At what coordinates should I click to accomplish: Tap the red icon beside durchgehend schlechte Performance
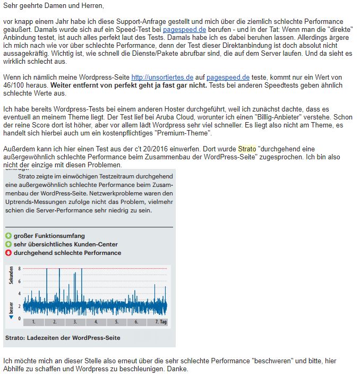coord(8,253)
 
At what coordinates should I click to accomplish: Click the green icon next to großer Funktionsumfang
coord(8,236)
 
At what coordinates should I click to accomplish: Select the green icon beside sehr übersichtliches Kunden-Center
coord(8,244)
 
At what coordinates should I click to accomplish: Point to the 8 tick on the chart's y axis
coord(19,269)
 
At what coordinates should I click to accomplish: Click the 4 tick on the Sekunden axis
coord(19,293)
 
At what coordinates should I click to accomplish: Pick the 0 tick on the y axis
coord(19,318)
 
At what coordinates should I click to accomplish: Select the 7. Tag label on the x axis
coord(160,322)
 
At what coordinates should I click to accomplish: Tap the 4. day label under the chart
coord(96,322)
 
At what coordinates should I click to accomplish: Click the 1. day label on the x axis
coord(33,322)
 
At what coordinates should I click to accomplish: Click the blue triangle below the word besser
coord(11,317)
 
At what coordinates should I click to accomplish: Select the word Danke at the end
coord(177,369)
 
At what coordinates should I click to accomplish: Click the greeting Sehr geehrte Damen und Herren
coord(53,6)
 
